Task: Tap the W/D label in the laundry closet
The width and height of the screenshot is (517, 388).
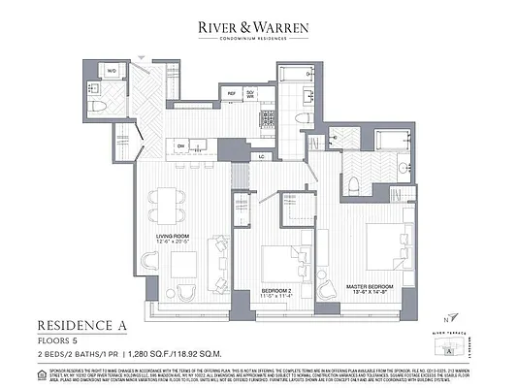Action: (x=112, y=71)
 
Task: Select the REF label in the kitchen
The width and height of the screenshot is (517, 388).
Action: (x=231, y=93)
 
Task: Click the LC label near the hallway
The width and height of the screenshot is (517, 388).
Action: (x=261, y=155)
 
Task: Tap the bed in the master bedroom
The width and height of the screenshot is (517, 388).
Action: (x=386, y=246)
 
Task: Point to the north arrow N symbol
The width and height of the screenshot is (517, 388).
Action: (x=445, y=319)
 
